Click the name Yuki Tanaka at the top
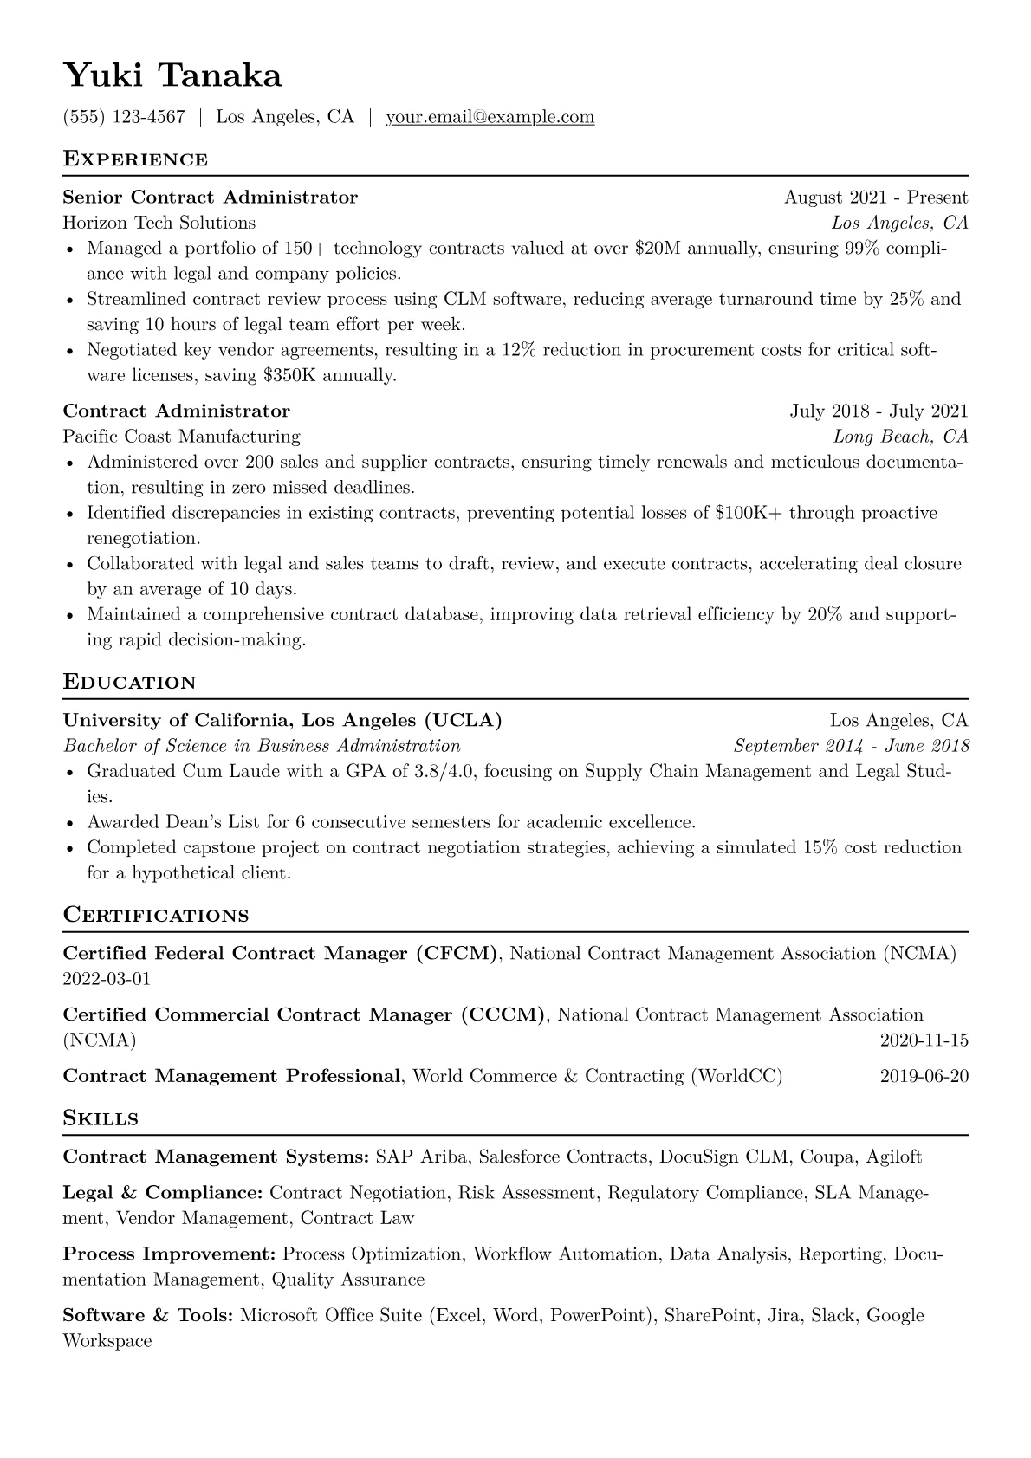(x=172, y=76)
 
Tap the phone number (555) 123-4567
(x=124, y=117)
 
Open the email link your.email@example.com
(x=490, y=117)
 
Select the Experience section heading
(x=135, y=159)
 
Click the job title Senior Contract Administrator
(x=211, y=198)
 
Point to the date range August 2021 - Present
(x=875, y=198)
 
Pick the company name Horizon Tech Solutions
(x=159, y=223)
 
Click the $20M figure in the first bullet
(x=651, y=249)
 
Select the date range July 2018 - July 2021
(x=879, y=411)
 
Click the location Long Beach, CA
(x=900, y=437)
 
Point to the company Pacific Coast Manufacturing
(x=182, y=437)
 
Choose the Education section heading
(x=130, y=683)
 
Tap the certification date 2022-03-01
(x=107, y=979)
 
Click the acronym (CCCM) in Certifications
(x=503, y=1014)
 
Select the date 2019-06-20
(x=924, y=1077)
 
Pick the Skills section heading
(x=101, y=1118)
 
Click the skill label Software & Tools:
(x=148, y=1316)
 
